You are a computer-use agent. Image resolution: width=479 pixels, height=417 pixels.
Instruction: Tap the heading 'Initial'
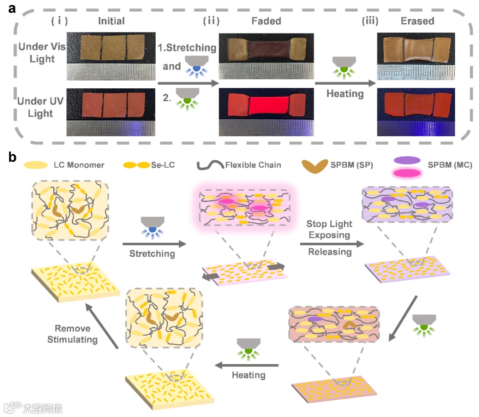[111, 21]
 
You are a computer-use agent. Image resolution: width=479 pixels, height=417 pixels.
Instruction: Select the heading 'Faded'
[267, 21]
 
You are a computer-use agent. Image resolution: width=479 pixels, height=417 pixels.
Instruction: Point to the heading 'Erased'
[417, 21]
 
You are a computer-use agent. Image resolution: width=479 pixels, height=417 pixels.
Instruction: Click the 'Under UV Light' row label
[40, 107]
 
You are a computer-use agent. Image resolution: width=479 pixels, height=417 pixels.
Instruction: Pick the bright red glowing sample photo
[263, 105]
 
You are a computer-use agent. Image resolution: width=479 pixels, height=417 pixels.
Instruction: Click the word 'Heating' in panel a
[345, 94]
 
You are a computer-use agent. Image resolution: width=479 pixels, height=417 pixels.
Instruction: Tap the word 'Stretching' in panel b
[153, 254]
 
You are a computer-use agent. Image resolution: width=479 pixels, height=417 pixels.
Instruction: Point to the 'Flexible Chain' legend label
[253, 165]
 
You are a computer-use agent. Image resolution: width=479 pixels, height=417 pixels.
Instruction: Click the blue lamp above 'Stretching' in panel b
[152, 226]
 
